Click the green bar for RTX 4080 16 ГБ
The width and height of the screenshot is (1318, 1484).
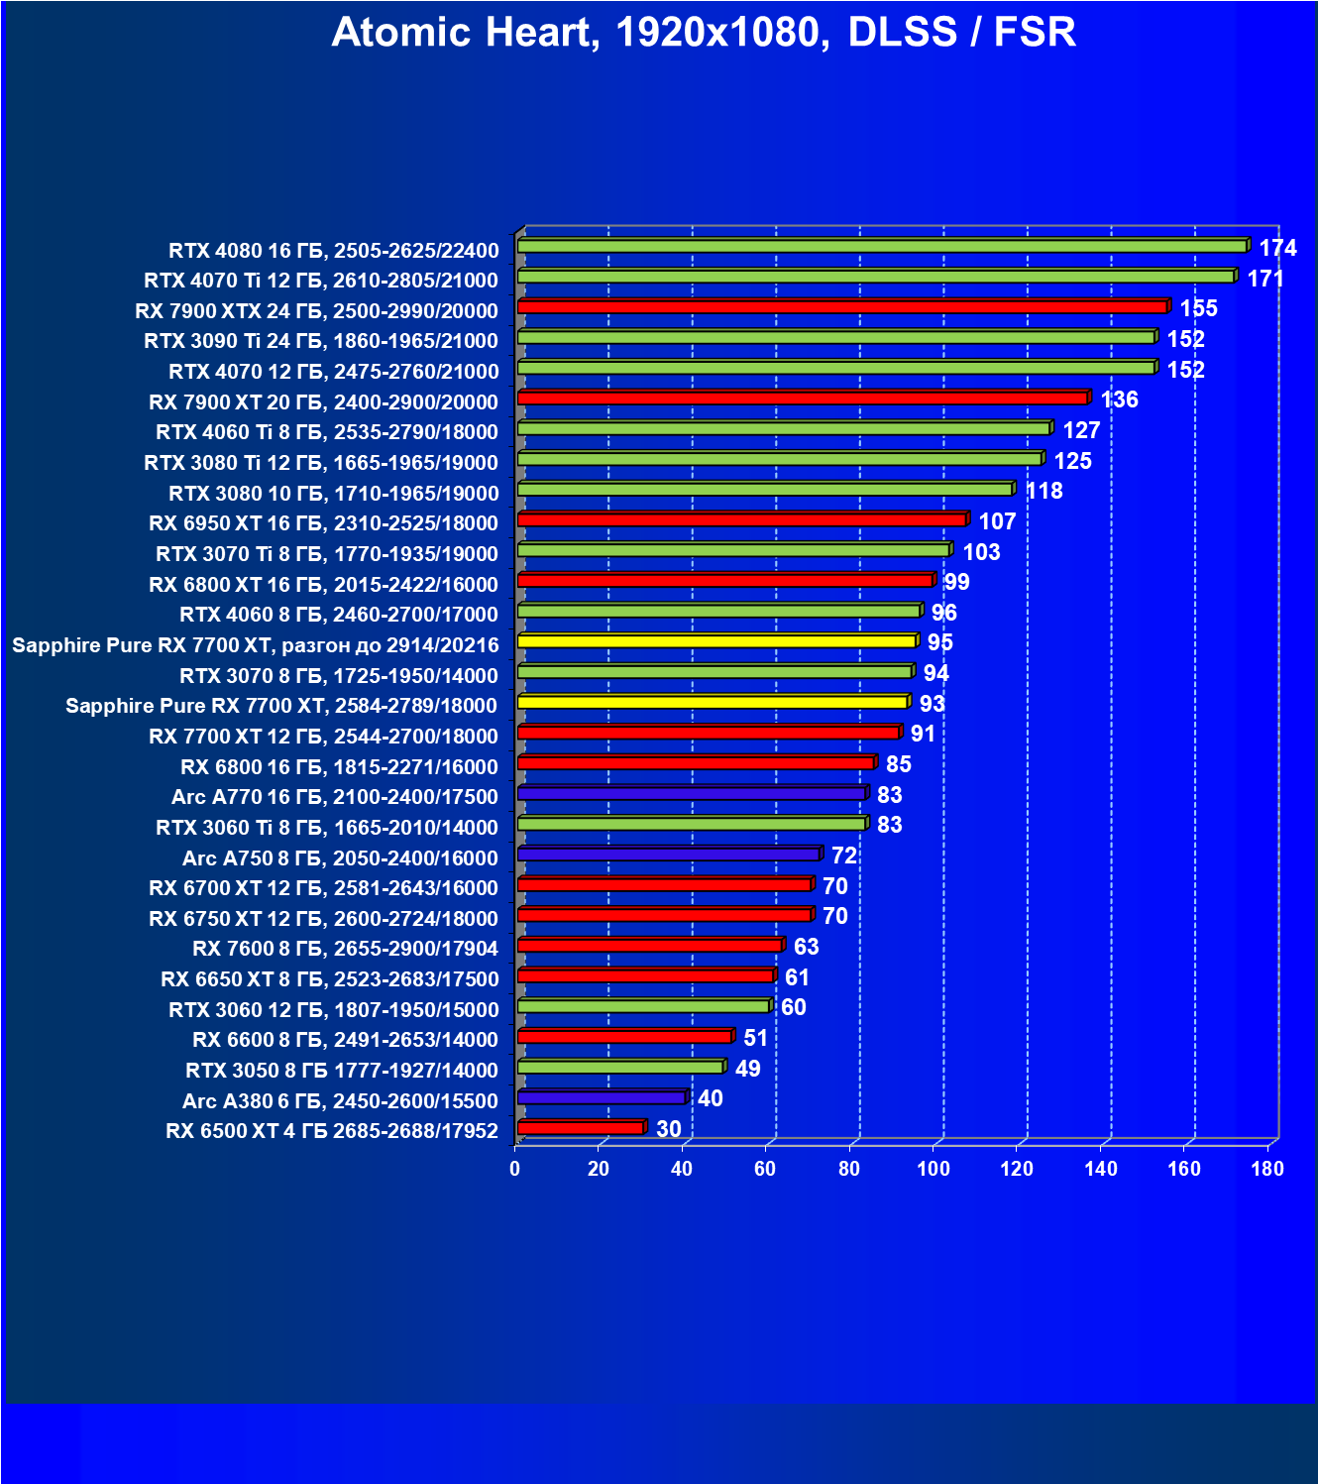882,246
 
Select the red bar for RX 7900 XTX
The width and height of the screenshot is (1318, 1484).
842,307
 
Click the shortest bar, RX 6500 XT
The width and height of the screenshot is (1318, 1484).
581,1128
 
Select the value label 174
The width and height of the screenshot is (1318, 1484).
1277,248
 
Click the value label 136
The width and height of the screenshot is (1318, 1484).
1119,400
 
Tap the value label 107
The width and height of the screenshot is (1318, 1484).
997,521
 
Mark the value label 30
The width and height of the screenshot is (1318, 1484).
669,1129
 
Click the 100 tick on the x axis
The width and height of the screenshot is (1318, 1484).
934,1169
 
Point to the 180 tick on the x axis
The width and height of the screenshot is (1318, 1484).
1267,1169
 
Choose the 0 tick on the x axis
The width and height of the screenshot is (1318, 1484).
515,1169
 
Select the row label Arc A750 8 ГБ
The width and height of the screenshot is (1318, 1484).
340,858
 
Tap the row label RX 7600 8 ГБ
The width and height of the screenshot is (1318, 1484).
345,949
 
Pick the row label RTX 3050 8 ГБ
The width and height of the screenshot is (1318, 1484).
342,1071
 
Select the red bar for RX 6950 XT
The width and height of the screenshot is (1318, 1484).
741,519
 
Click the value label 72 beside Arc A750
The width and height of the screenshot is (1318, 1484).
843,856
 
